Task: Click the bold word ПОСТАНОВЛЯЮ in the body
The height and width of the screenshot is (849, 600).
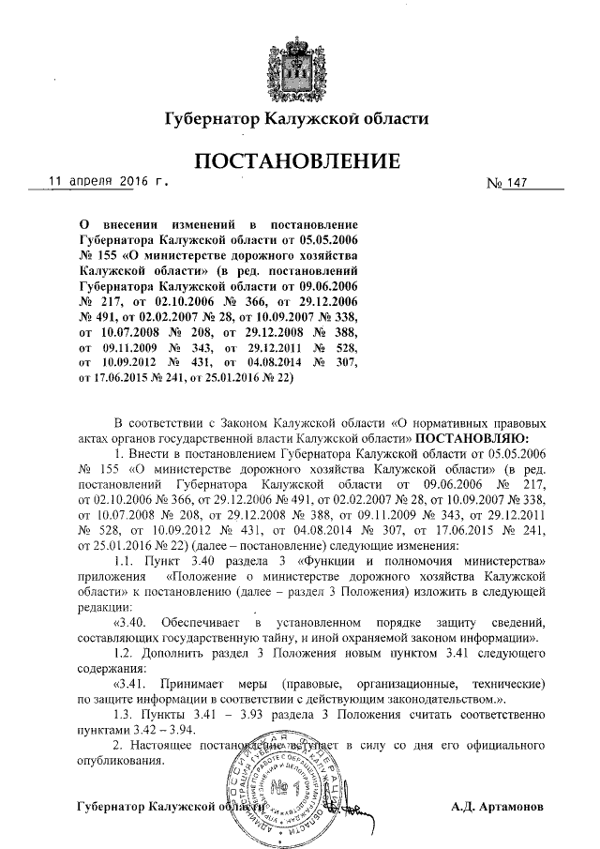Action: pos(472,438)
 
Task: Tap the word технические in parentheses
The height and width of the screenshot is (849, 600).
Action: pos(503,683)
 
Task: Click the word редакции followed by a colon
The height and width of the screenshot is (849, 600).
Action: pos(110,606)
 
